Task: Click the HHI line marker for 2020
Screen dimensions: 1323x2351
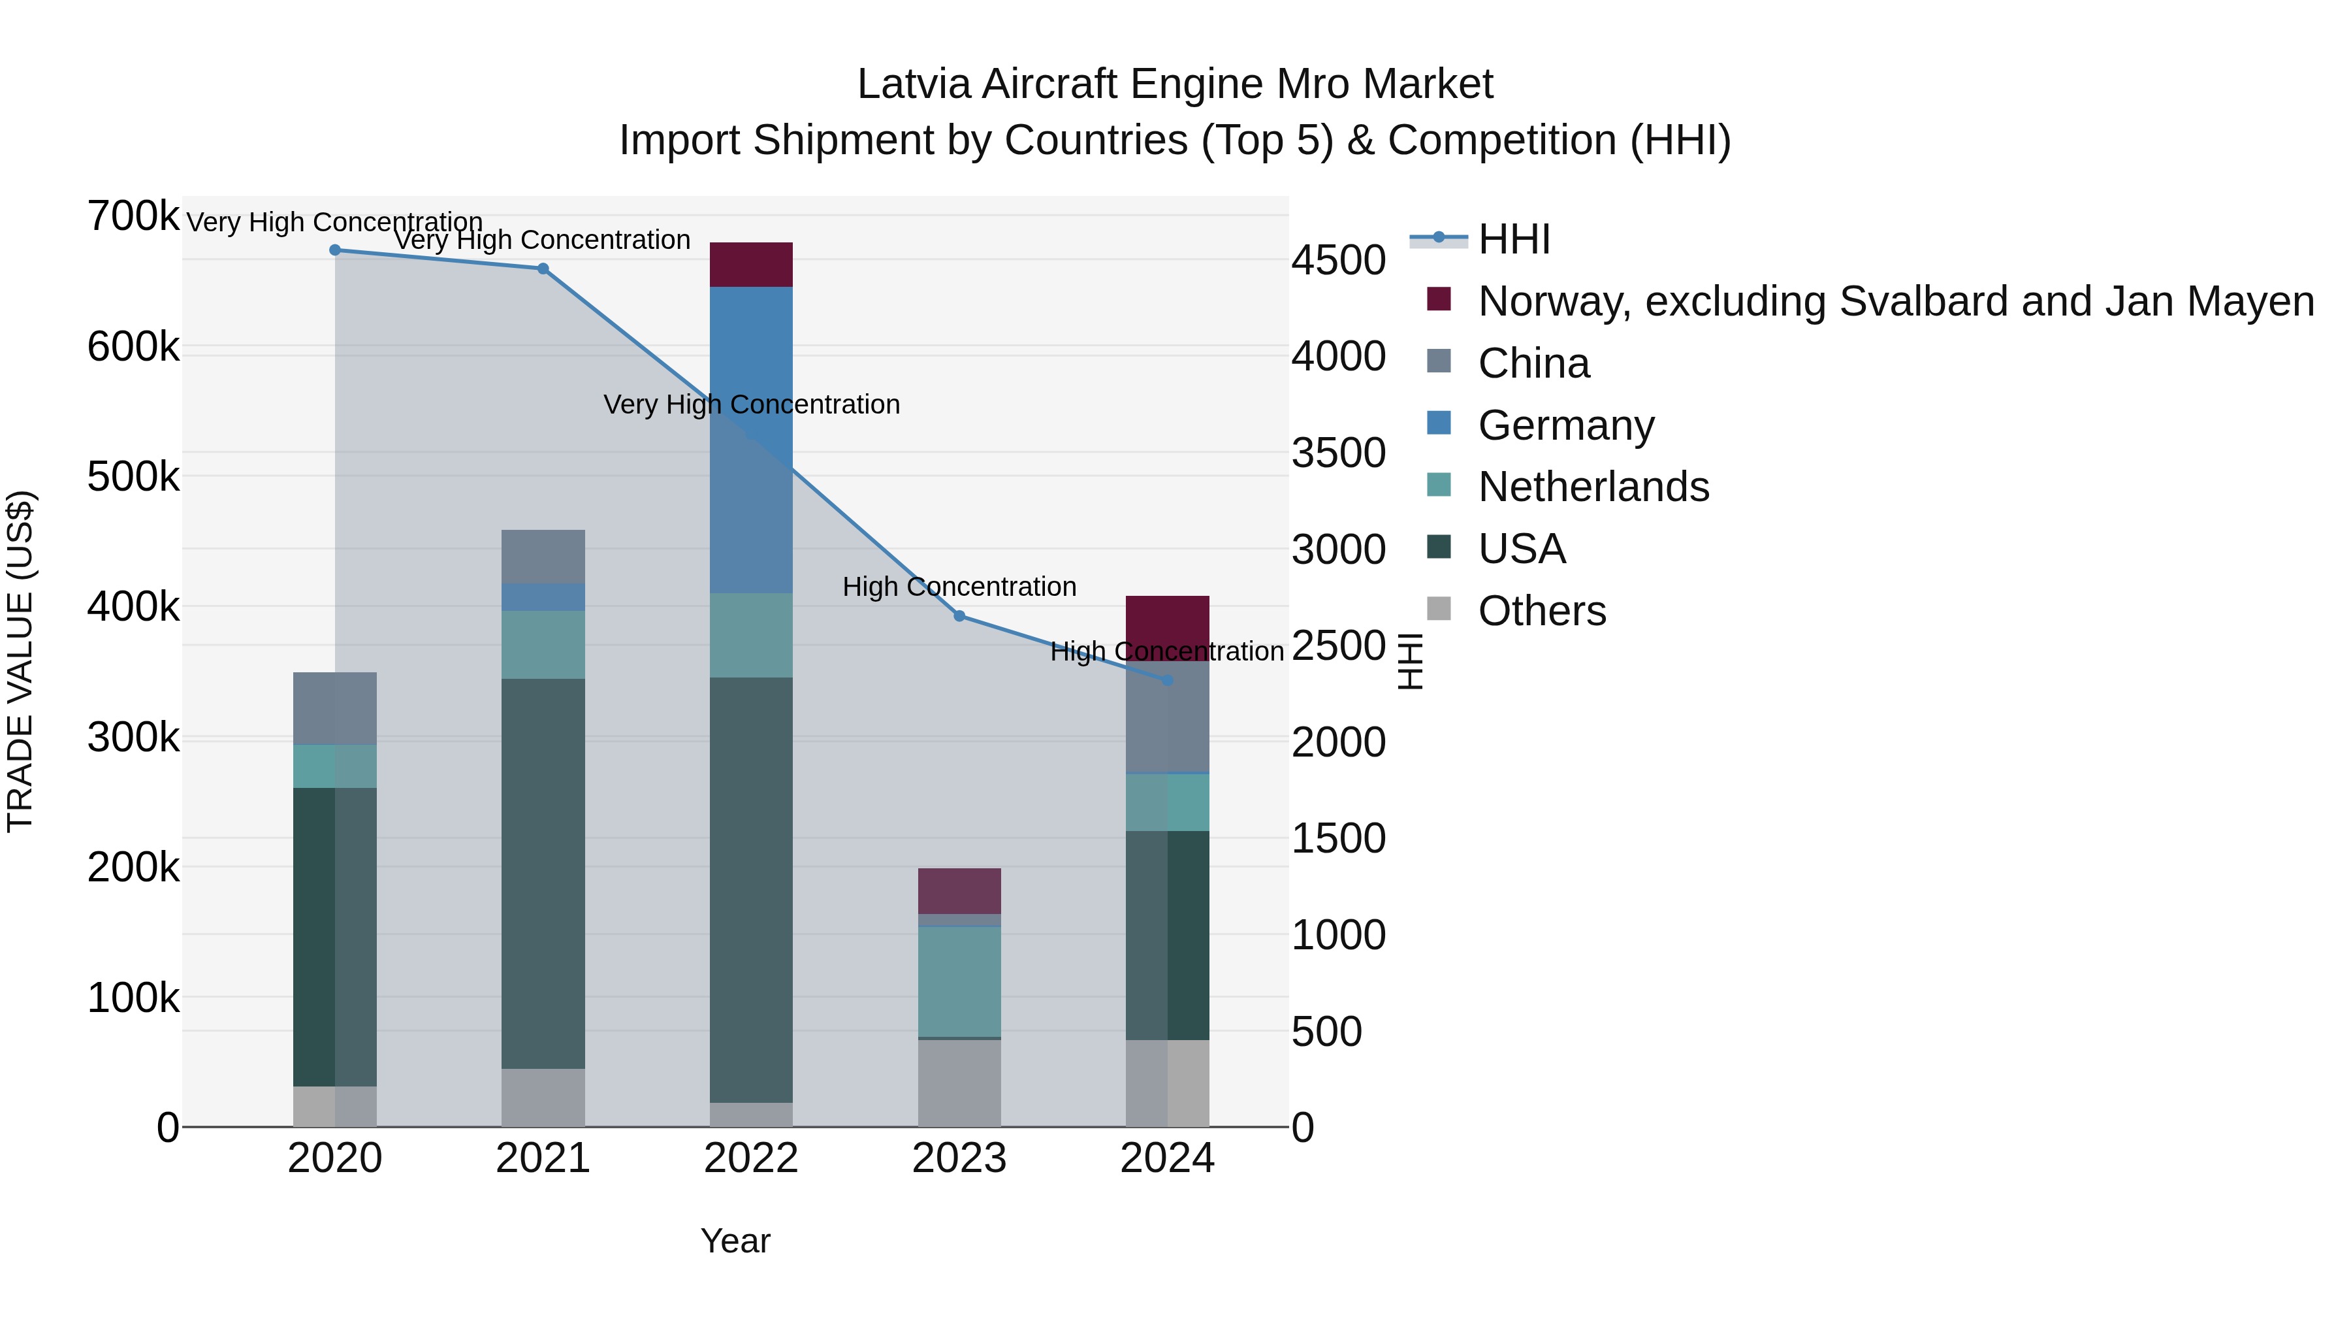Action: pos(335,250)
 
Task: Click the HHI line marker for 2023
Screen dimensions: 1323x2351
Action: pos(959,616)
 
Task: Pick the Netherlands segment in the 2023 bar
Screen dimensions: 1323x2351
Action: pos(959,981)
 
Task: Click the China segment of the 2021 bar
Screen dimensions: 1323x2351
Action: pos(543,556)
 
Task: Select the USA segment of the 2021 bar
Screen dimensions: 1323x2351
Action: pos(543,873)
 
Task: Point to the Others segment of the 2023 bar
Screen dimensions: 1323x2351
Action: pos(959,1083)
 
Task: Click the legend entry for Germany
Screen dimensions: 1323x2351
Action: pos(1565,425)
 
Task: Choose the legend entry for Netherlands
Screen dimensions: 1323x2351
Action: pos(1593,487)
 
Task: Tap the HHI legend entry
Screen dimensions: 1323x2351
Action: pos(1513,239)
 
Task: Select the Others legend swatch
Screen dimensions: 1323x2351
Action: pos(1438,609)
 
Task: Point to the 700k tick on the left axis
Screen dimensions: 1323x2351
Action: pos(133,218)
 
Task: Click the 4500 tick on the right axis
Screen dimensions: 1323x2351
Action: pos(1338,260)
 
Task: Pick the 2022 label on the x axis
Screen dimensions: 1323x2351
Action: pos(751,1158)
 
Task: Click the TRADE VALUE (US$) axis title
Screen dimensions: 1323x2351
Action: pos(20,661)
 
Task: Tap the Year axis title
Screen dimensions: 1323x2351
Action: pos(735,1241)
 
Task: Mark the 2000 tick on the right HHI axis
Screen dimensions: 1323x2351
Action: pos(1338,742)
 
